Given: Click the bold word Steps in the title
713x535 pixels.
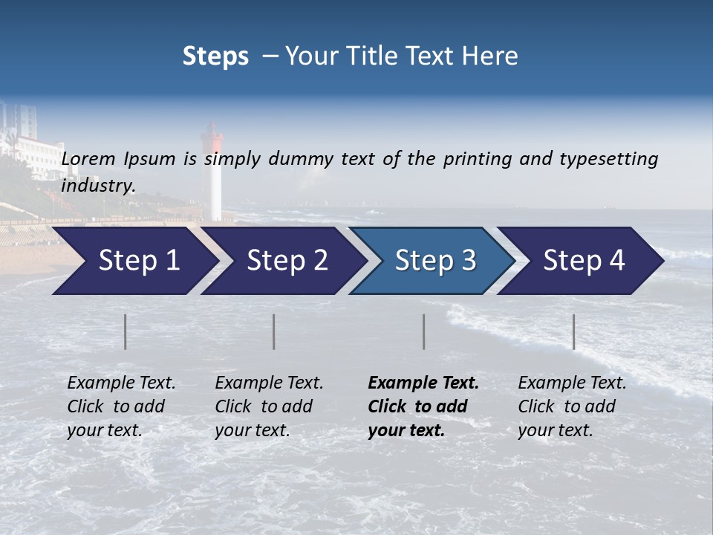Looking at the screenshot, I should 215,56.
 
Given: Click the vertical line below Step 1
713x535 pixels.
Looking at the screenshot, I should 126,331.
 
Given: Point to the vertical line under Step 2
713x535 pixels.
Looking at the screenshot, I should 274,331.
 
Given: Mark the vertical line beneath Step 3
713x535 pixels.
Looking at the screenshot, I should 423,331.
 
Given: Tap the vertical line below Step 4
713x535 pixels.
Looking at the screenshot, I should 573,331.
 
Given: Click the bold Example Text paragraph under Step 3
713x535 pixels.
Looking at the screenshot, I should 423,406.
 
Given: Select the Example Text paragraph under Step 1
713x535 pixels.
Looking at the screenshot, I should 121,406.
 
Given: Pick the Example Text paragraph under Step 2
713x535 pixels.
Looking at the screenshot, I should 269,406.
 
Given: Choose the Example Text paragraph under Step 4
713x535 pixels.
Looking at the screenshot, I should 572,406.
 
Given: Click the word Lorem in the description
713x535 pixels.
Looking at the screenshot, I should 88,159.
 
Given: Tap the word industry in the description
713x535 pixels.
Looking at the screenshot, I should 98,186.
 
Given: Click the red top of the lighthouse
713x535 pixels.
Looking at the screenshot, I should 213,138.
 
